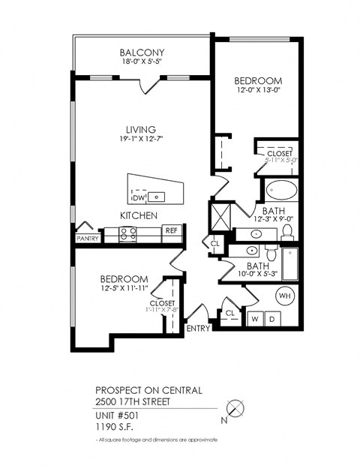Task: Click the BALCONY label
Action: pyautogui.click(x=142, y=53)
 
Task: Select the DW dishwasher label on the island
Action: pyautogui.click(x=137, y=198)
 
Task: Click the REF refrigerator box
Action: pyautogui.click(x=172, y=230)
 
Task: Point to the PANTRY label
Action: pyautogui.click(x=88, y=238)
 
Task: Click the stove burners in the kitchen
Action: pyautogui.click(x=127, y=234)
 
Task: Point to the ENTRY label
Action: pyautogui.click(x=198, y=328)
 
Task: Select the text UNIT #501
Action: pyautogui.click(x=116, y=416)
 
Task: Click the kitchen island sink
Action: pyautogui.click(x=157, y=197)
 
